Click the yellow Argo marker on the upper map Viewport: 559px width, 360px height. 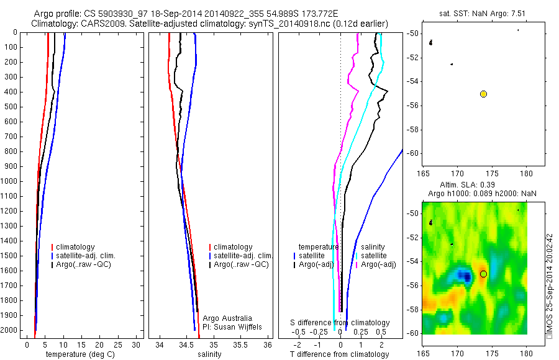tap(483, 94)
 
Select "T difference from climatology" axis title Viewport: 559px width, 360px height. tap(339, 354)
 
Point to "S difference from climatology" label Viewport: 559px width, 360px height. tap(340, 323)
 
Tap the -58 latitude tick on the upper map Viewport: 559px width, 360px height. tap(413, 130)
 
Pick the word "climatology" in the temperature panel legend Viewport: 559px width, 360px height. tap(76, 247)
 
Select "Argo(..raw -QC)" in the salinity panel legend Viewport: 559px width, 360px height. tap(241, 264)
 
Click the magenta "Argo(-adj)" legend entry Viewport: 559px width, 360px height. tap(378, 264)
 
